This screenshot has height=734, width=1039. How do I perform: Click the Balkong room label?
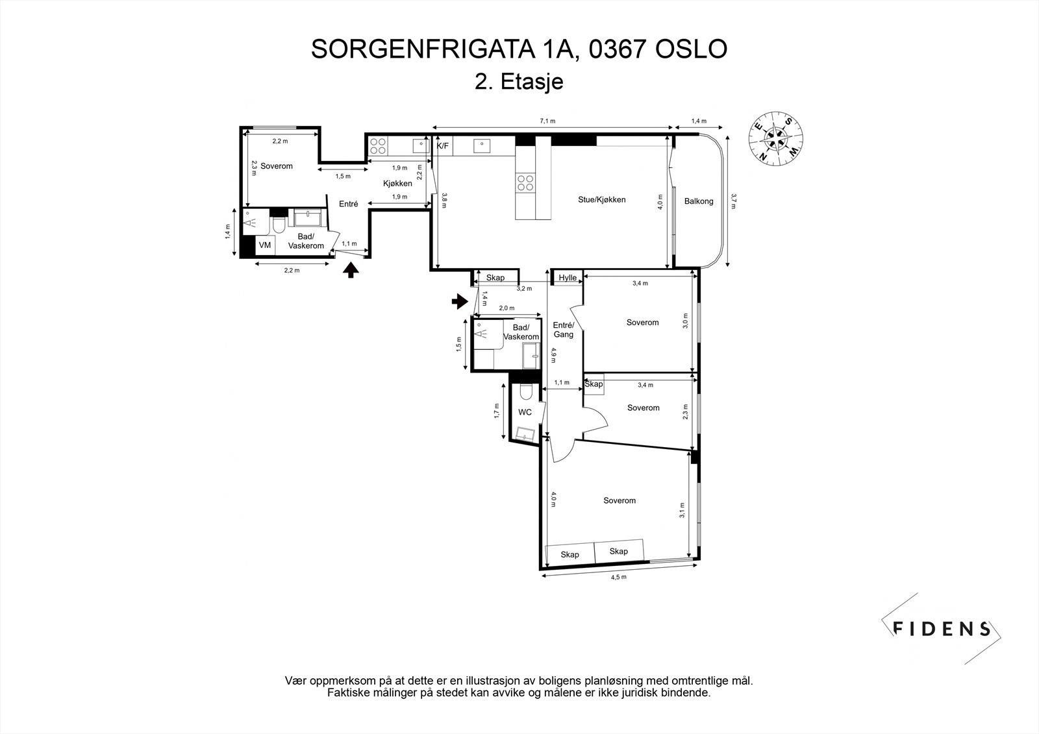pyautogui.click(x=699, y=201)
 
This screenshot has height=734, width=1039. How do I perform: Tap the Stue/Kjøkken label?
pyautogui.click(x=602, y=200)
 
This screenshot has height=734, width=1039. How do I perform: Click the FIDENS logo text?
pyautogui.click(x=942, y=628)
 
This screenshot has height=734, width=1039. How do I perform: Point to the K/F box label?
pyautogui.click(x=442, y=146)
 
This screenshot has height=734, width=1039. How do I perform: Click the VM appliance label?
pyautogui.click(x=265, y=245)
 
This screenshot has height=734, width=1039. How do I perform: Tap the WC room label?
pyautogui.click(x=525, y=412)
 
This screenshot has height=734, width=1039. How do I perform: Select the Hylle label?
pyautogui.click(x=568, y=278)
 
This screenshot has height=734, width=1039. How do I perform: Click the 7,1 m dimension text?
pyautogui.click(x=548, y=121)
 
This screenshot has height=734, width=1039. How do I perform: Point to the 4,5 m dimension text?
pyautogui.click(x=619, y=577)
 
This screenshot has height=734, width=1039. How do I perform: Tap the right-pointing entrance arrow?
pyautogui.click(x=460, y=300)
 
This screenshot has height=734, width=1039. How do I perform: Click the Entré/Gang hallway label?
pyautogui.click(x=563, y=330)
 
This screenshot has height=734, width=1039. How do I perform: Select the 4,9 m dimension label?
pyautogui.click(x=553, y=355)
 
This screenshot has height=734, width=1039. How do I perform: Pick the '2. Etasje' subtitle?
pyautogui.click(x=519, y=82)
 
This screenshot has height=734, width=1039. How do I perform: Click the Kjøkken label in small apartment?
pyautogui.click(x=397, y=184)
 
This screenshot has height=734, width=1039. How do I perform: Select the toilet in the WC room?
pyautogui.click(x=525, y=391)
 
